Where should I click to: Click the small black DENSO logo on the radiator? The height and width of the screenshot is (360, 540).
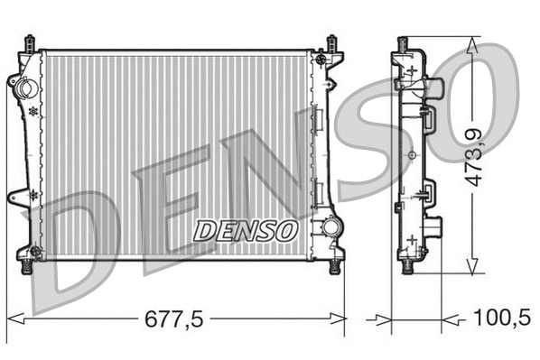coord(246,231)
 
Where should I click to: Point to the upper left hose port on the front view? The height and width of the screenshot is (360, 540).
coord(23,88)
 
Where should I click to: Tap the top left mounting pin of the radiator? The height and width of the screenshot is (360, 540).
coord(30,42)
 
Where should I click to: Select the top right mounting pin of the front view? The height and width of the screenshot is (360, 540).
coord(332,42)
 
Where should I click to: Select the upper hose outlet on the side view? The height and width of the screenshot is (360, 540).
coord(436,88)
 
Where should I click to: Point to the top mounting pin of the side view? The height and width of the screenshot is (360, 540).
coord(404,42)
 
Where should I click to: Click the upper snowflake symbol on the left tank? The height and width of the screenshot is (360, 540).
coord(33,111)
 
